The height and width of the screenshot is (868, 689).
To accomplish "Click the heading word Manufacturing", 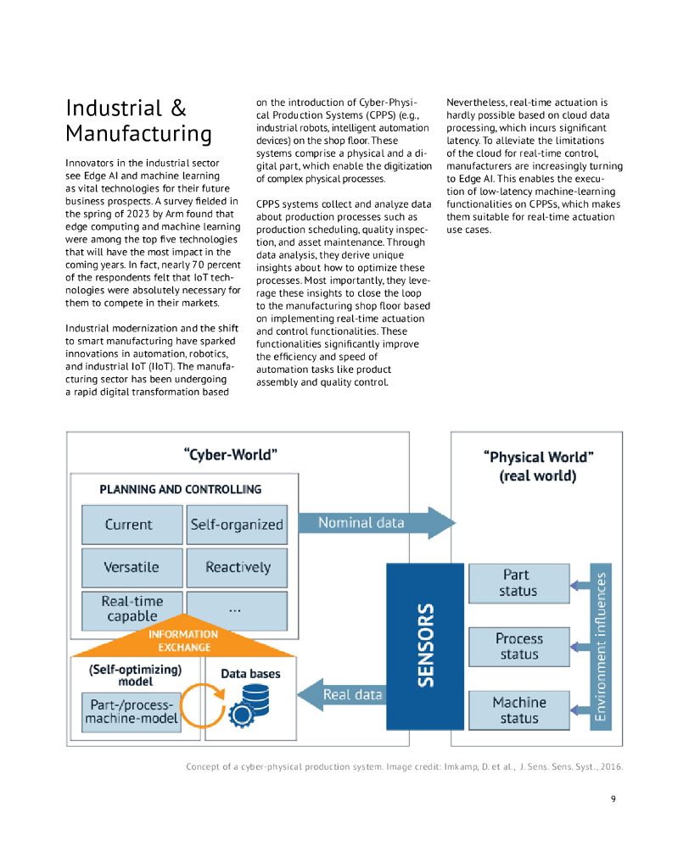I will click(138, 134).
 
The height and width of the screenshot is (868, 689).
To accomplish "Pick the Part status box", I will click(518, 582).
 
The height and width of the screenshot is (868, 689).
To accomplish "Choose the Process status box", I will click(518, 646).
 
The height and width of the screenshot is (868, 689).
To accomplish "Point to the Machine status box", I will click(518, 710).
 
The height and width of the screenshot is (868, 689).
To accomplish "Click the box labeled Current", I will click(132, 525).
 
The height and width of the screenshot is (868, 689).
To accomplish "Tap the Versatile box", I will click(132, 567).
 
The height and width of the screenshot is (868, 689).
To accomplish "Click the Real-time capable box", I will click(132, 609).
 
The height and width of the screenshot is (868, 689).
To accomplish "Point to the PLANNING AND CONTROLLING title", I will click(181, 489).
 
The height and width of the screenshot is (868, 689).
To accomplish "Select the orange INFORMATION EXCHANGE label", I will click(183, 641).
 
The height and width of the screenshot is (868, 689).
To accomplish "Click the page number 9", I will click(613, 798).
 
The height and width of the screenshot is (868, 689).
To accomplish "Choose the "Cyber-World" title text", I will click(231, 454).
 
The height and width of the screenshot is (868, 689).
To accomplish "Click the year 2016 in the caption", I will click(609, 767).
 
